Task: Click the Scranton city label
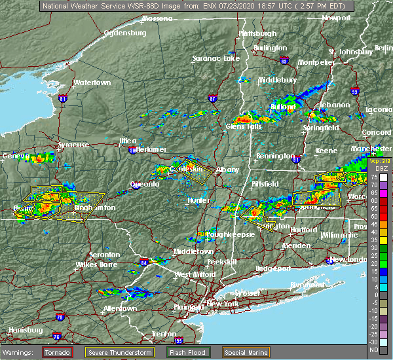coord(104,255)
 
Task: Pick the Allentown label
coord(121,308)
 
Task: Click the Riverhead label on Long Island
coord(307,285)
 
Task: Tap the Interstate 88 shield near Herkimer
coord(134,150)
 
